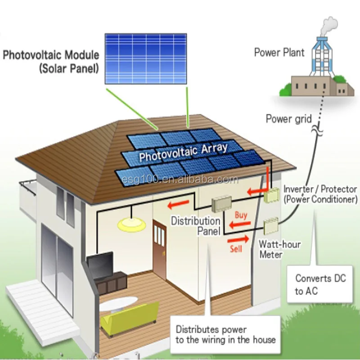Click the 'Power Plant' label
click(279, 53)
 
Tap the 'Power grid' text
click(288, 119)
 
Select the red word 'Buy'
click(241, 215)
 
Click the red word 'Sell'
click(236, 248)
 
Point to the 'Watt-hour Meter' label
click(279, 249)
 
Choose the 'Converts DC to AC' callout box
click(320, 284)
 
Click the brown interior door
click(159, 243)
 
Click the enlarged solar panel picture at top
click(146, 58)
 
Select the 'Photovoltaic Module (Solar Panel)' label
click(50, 62)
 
